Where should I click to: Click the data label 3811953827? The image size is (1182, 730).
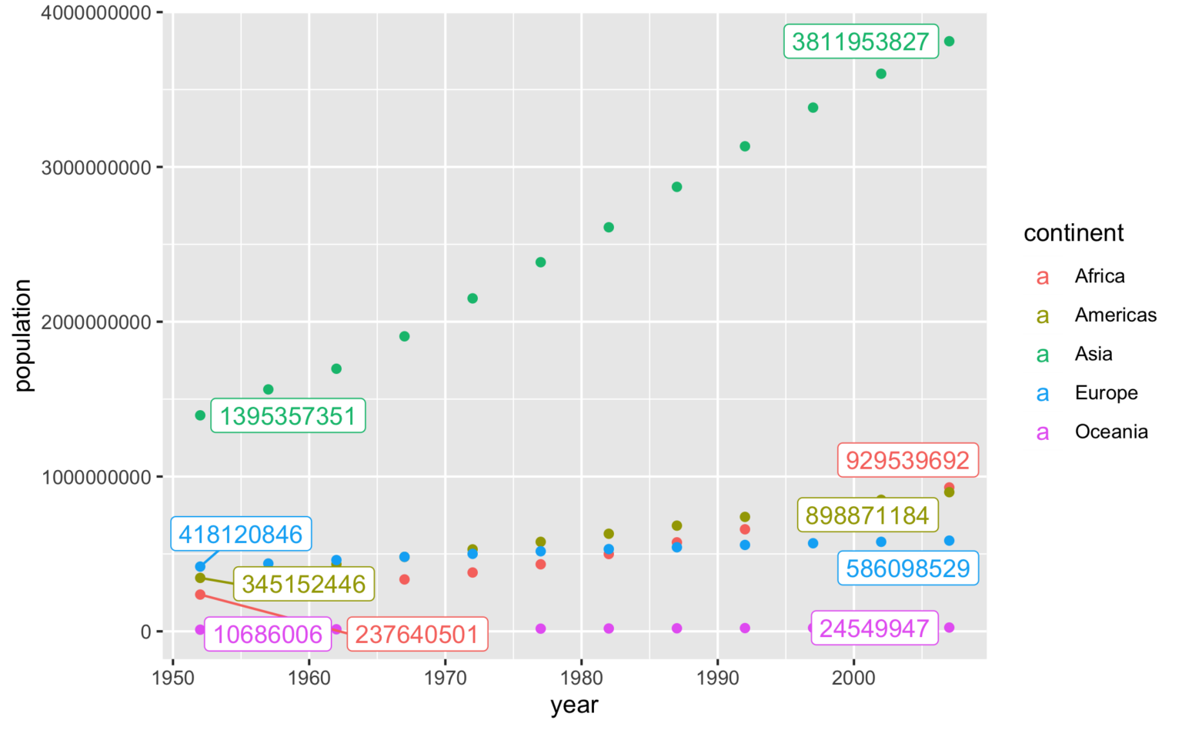point(860,42)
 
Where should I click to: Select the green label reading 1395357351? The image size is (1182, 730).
point(288,416)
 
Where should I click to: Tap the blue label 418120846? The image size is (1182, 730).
point(241,534)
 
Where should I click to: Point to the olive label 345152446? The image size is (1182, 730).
point(304,584)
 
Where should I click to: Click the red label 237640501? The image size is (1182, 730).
point(417,634)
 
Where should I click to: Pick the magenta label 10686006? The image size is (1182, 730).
point(268,634)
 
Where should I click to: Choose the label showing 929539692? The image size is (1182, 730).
point(907,460)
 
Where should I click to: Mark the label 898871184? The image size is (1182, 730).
point(867,515)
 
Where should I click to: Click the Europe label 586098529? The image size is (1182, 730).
point(907,568)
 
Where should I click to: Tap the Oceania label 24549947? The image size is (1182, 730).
point(874,628)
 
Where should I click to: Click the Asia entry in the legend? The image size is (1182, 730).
point(1093,354)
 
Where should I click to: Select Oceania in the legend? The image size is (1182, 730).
point(1110,432)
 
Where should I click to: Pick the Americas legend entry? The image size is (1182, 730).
point(1115,315)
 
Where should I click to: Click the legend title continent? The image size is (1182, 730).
point(1073,233)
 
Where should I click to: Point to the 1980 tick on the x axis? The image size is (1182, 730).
point(581,678)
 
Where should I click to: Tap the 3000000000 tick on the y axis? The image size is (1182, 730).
point(96,168)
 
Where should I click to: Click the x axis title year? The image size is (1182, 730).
point(574,705)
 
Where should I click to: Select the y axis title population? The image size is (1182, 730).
point(23,335)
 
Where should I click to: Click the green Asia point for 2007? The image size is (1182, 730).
point(949,42)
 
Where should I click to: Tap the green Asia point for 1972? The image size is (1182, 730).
point(472,298)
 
